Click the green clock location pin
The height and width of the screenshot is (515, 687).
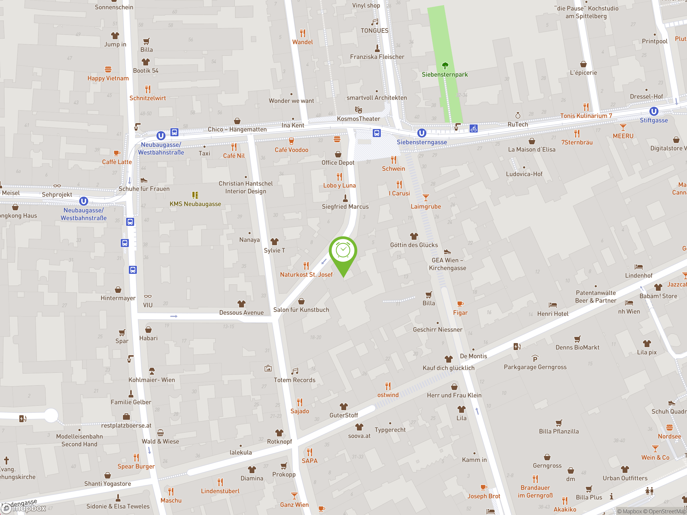(x=343, y=251)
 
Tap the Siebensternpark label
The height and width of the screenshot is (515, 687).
(x=444, y=75)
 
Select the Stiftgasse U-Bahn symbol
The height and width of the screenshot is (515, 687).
(x=653, y=111)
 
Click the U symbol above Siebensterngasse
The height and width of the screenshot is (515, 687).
(x=421, y=133)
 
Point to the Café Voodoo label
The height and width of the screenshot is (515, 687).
(x=291, y=150)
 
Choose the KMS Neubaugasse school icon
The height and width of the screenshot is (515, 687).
(x=195, y=195)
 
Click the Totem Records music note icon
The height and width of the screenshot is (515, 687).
(x=295, y=371)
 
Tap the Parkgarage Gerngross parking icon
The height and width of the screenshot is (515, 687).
(x=535, y=359)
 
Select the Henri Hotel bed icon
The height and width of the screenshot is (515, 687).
(x=553, y=305)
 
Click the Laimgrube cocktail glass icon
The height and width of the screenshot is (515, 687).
(x=426, y=197)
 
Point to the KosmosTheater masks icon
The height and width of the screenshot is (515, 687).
(x=359, y=110)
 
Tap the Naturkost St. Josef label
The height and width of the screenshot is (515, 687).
(x=306, y=275)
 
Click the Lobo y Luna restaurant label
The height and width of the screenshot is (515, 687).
(x=339, y=186)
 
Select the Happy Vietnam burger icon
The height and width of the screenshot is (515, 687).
(x=108, y=69)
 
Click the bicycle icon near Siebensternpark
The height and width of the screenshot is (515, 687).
(x=473, y=128)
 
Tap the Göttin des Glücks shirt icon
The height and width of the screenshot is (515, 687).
(x=414, y=236)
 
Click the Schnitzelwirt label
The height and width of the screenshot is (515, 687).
(x=148, y=98)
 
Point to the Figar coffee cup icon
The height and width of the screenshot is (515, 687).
(x=460, y=304)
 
